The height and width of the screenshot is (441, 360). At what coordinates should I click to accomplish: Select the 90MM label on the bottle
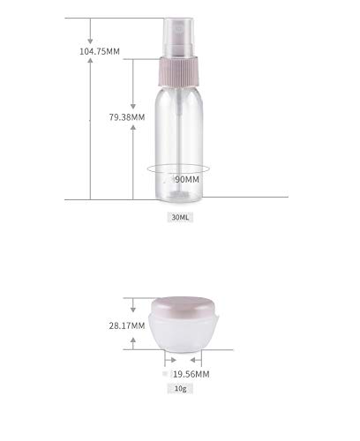coord(187,179)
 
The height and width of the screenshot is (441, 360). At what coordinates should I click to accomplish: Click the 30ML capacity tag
coord(179,217)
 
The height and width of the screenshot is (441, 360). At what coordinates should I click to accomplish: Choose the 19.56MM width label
coord(191,373)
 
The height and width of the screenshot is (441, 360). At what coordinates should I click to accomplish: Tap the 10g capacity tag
coord(181,388)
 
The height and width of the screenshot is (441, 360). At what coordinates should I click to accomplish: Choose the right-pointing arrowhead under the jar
coord(165,360)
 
